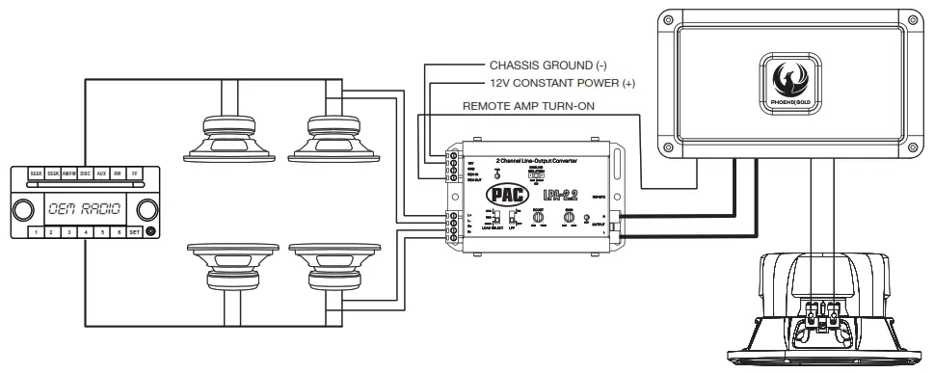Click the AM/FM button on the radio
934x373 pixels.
coord(69,173)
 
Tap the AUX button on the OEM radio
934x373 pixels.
coord(101,173)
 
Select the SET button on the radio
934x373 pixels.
coord(134,232)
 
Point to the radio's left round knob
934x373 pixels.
coord(21,207)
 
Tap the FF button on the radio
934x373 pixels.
coord(134,173)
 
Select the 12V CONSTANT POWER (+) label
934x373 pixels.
coord(562,84)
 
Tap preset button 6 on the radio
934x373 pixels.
coord(119,232)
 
